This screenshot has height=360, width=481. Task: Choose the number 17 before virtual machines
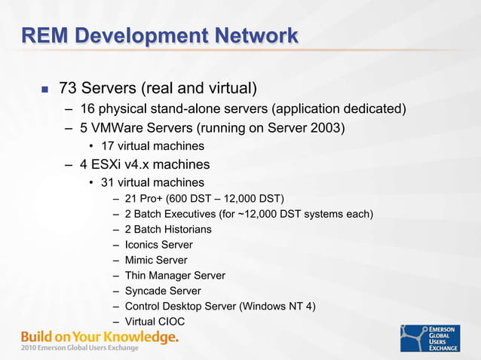tap(107, 146)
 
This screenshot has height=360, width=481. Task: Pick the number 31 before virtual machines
tap(107, 182)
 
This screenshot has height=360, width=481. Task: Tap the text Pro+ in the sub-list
tap(152, 198)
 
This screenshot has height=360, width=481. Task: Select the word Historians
tap(187, 229)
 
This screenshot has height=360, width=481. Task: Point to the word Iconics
tap(142, 245)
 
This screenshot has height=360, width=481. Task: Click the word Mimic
tap(139, 260)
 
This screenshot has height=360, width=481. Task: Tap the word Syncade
tap(145, 291)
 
